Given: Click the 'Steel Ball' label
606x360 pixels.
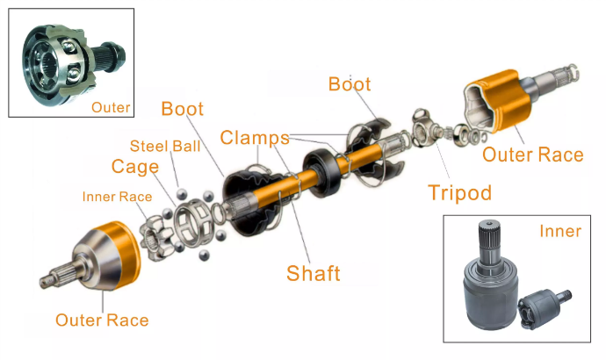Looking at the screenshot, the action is pyautogui.click(x=165, y=146).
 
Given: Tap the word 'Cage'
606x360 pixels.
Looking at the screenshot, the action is pyautogui.click(x=135, y=167).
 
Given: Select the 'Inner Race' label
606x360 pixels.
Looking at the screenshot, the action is pyautogui.click(x=117, y=197).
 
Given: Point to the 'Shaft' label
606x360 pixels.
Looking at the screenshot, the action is pyautogui.click(x=313, y=273).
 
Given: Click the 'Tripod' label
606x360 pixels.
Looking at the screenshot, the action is pyautogui.click(x=459, y=192).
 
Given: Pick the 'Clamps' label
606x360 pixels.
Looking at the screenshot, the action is pyautogui.click(x=255, y=138).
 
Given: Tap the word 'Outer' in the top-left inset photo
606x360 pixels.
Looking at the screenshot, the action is pyautogui.click(x=111, y=107).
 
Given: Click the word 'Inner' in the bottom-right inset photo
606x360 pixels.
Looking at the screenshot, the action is pyautogui.click(x=560, y=231).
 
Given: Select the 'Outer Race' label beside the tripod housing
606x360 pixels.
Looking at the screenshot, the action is pyautogui.click(x=532, y=155).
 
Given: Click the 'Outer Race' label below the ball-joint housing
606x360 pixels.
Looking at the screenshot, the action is pyautogui.click(x=102, y=320).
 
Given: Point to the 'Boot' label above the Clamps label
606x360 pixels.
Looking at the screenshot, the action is pyautogui.click(x=350, y=83).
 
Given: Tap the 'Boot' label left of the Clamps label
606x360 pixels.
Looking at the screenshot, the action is pyautogui.click(x=182, y=109).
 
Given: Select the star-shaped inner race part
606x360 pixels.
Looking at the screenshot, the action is pyautogui.click(x=156, y=238).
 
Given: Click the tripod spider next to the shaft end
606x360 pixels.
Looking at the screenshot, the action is pyautogui.click(x=422, y=127).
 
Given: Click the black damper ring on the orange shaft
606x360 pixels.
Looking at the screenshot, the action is pyautogui.click(x=322, y=172).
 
